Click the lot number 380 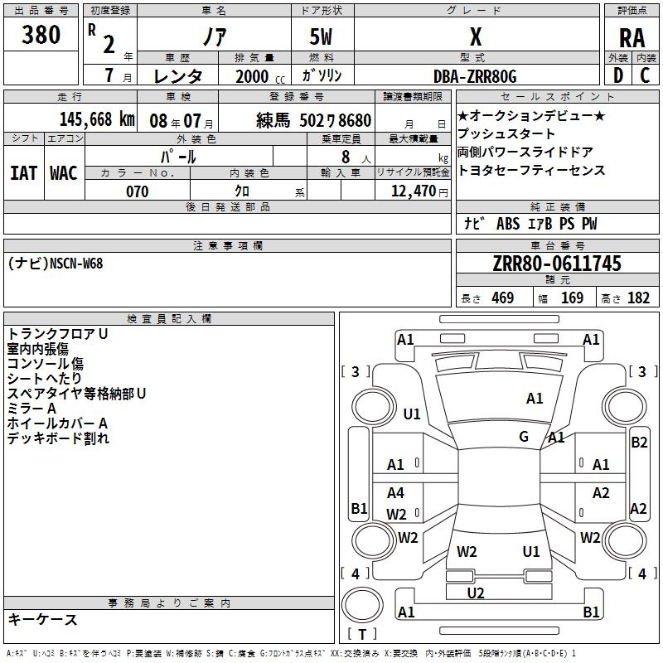pyautogui.click(x=41, y=35)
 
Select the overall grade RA pyautogui.click(x=632, y=38)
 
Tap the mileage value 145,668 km pyautogui.click(x=97, y=119)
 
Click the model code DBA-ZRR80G pyautogui.click(x=475, y=76)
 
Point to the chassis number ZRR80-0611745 pyautogui.click(x=557, y=264)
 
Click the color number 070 pyautogui.click(x=138, y=191)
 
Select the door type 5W pyautogui.click(x=321, y=36)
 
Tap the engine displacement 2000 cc pyautogui.click(x=260, y=77)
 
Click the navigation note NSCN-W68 pyautogui.click(x=76, y=264)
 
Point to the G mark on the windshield pyautogui.click(x=524, y=437)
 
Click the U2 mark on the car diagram pyautogui.click(x=476, y=593)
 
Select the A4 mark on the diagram pyautogui.click(x=395, y=492)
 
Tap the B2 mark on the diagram pyautogui.click(x=639, y=443)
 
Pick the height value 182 pyautogui.click(x=638, y=298)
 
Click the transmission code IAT pyautogui.click(x=24, y=173)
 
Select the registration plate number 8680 pyautogui.click(x=355, y=120)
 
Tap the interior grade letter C pyautogui.click(x=645, y=75)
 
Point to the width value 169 pyautogui.click(x=573, y=298)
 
